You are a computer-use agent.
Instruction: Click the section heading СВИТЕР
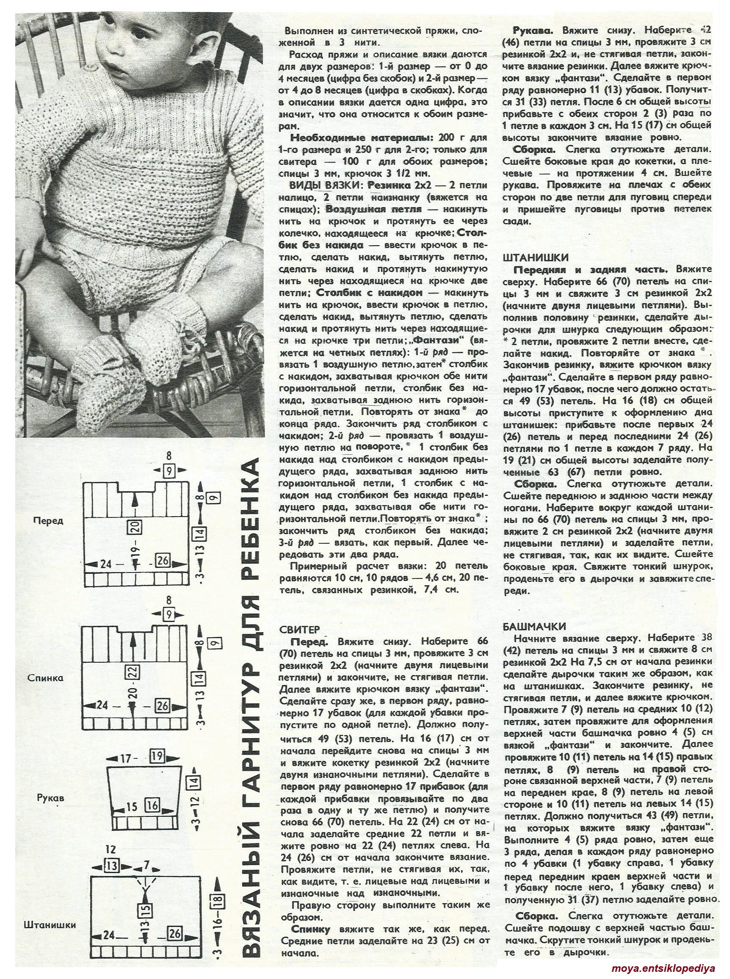pos(296,630)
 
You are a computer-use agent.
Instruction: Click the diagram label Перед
pos(49,520)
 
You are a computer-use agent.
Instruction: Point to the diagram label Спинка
pos(49,678)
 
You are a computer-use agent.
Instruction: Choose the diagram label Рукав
pos(50,798)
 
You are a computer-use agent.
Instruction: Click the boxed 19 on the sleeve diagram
pos(156,757)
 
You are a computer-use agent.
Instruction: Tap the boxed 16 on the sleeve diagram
pos(152,805)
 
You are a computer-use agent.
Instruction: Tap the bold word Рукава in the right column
pos(529,30)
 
